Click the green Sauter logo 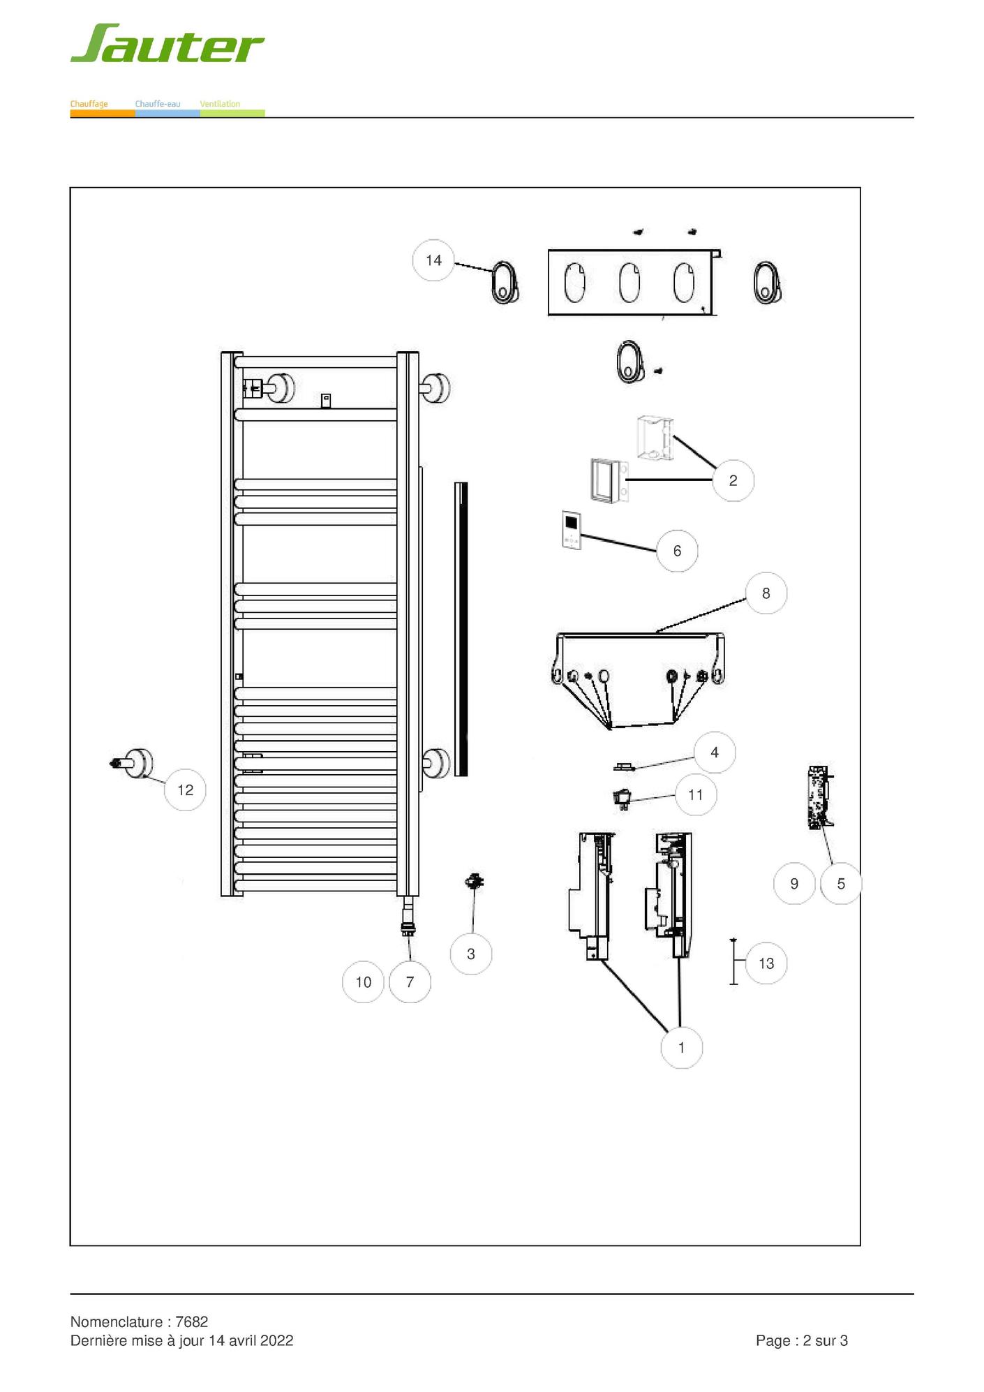(167, 43)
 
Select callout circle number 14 (433, 260)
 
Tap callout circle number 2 (733, 480)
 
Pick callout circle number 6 (677, 551)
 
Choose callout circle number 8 (766, 593)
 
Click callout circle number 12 (185, 790)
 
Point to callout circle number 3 (471, 954)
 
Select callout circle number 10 (363, 982)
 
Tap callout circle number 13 (766, 963)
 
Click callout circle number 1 (681, 1047)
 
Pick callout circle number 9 (794, 884)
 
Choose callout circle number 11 (695, 794)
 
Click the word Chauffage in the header (89, 104)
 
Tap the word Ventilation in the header (220, 104)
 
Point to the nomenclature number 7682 (192, 1321)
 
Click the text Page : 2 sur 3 (802, 1340)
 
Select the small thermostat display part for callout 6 (572, 530)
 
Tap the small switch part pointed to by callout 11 (621, 797)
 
